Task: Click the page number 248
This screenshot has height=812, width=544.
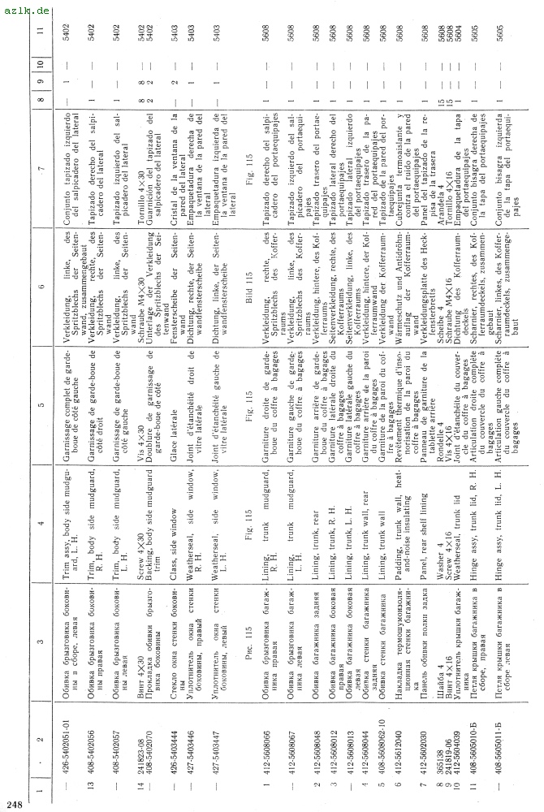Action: pyautogui.click(x=14, y=803)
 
